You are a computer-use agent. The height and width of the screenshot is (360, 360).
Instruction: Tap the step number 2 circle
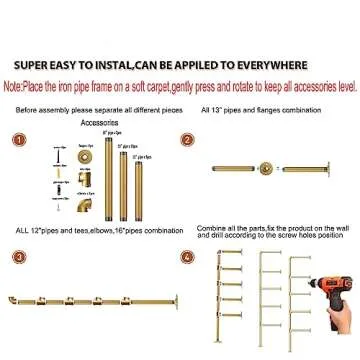tap(187, 141)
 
